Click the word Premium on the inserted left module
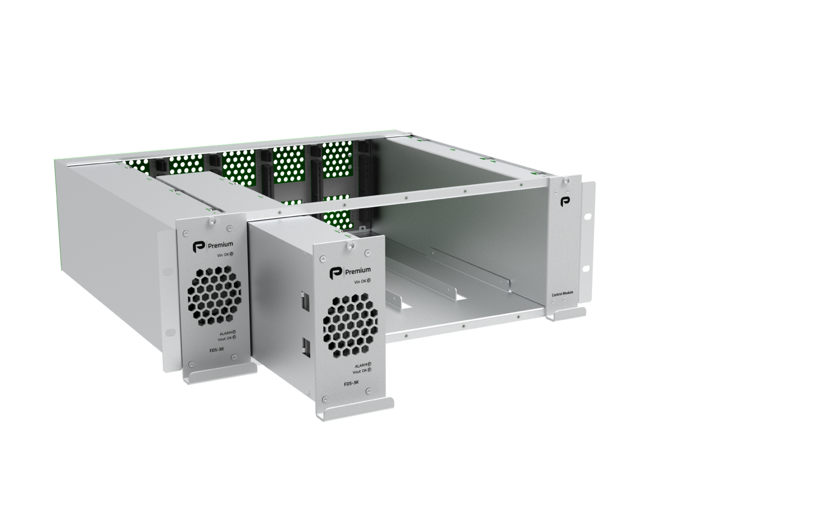pos(220,245)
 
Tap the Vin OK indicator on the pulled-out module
pos(368,281)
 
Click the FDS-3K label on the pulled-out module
pos(351,383)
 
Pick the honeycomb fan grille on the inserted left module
pos(214,294)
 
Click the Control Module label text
pos(561,294)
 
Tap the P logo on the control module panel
pos(565,202)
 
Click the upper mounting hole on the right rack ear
pos(587,216)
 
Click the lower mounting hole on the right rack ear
pos(587,268)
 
